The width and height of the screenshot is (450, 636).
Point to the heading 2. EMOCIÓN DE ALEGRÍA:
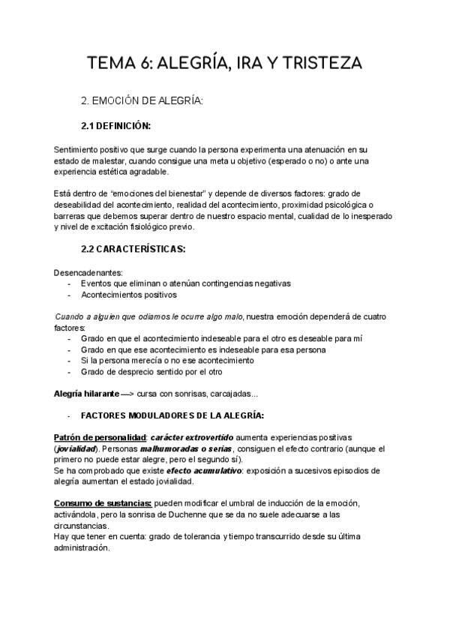(x=142, y=100)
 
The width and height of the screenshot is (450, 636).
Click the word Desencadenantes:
(x=87, y=272)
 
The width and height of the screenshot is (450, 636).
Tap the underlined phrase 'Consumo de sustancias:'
(x=103, y=502)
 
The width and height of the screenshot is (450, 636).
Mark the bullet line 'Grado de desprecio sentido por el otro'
(x=151, y=372)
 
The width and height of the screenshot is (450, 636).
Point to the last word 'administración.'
(x=82, y=547)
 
